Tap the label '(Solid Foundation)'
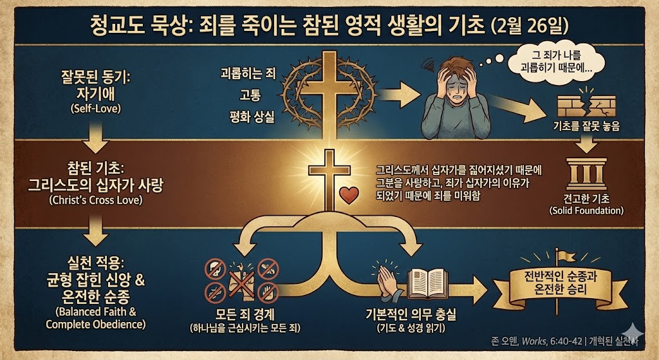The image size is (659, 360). click(586, 211)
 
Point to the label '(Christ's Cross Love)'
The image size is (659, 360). click(96, 200)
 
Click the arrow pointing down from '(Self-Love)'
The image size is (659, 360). click(95, 135)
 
